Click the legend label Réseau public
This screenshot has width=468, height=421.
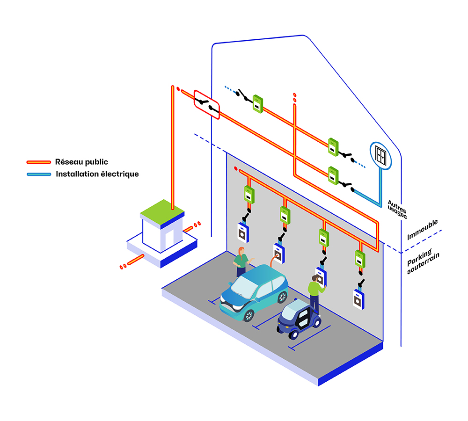point(81,162)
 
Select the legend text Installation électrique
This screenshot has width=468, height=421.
point(97,174)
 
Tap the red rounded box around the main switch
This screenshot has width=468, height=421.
point(206,104)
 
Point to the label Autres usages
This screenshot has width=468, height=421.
point(397,210)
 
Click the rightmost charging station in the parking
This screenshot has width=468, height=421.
point(358,299)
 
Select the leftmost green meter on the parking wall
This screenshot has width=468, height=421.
point(249,194)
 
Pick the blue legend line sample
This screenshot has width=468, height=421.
point(38,174)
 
